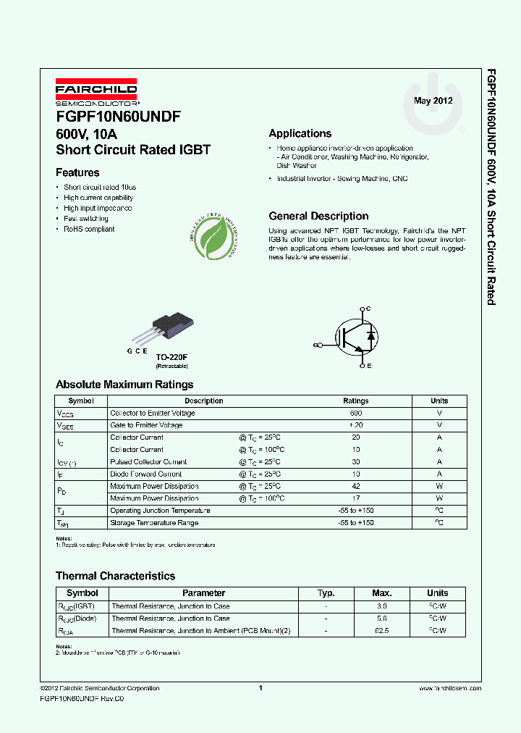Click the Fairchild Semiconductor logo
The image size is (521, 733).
tap(96, 93)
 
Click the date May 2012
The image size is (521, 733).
tap(433, 101)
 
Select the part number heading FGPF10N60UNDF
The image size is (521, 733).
tap(118, 117)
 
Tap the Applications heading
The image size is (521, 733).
tap(300, 133)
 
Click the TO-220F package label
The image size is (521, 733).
tap(171, 357)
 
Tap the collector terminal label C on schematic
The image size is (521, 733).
tap(368, 309)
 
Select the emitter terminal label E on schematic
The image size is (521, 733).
tap(368, 367)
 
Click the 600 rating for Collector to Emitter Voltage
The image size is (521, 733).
tap(355, 413)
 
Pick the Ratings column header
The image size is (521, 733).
tap(355, 401)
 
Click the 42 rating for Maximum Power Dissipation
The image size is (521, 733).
tap(355, 486)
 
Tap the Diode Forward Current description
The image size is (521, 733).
tap(145, 474)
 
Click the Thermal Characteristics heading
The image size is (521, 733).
tap(115, 576)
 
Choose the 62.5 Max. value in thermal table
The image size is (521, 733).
tap(382, 631)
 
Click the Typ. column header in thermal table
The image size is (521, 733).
tap(326, 592)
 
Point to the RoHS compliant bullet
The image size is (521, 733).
tap(89, 229)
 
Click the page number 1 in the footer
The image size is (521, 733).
tap(260, 688)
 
